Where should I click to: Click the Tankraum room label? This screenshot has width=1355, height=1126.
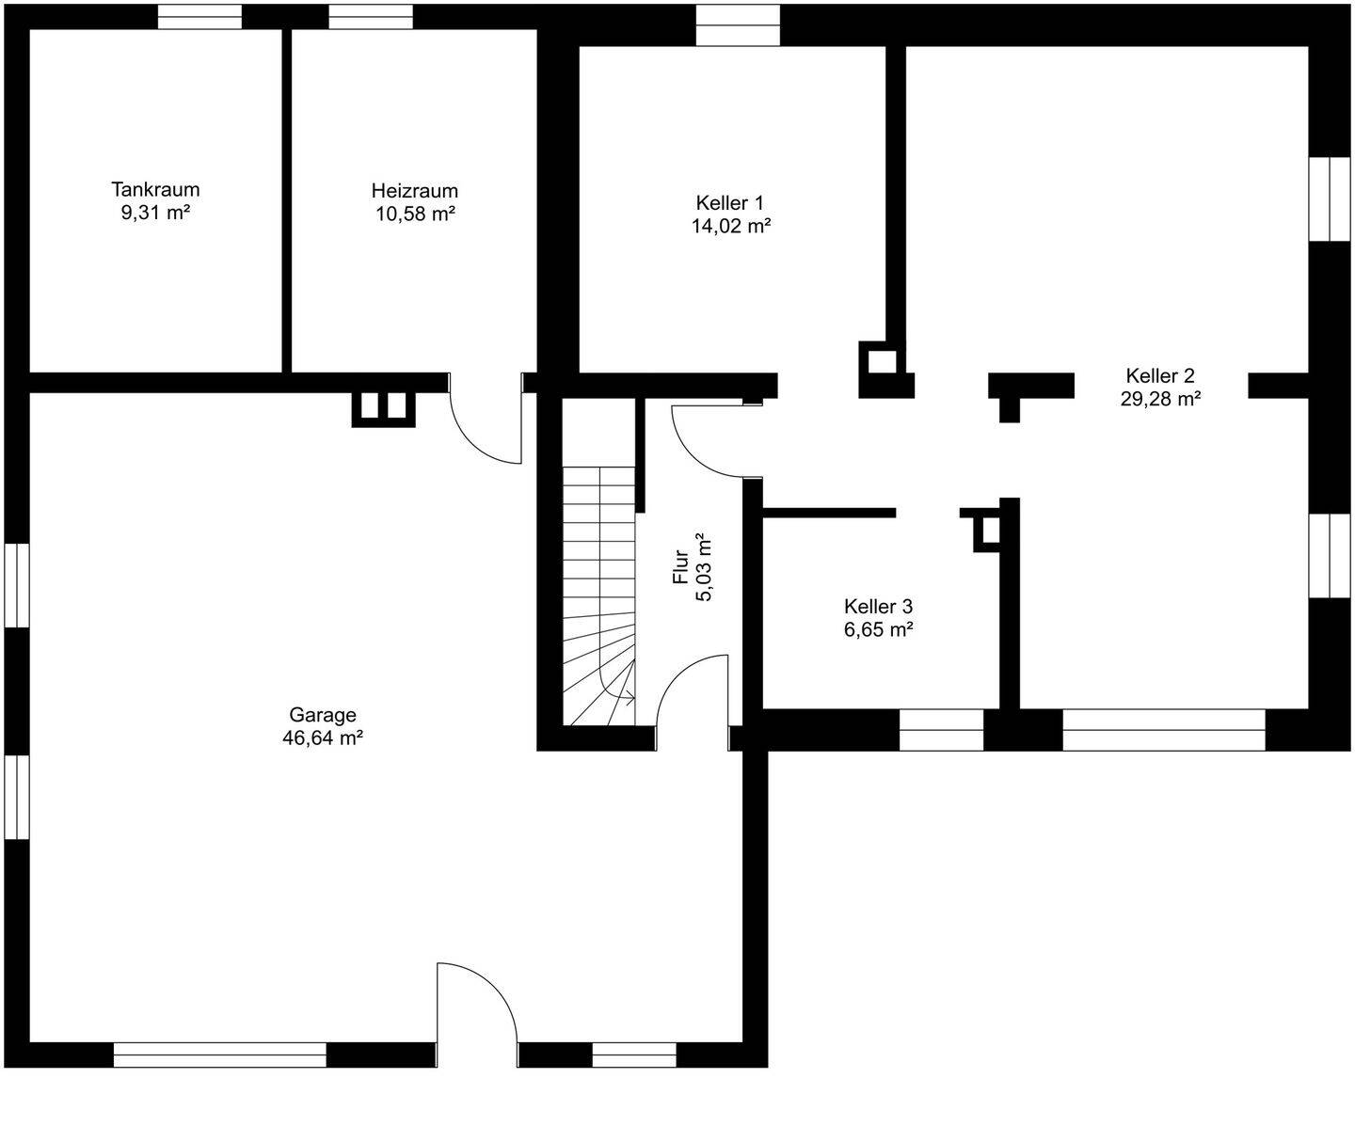pos(155,189)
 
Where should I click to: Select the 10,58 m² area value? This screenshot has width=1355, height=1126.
pos(415,214)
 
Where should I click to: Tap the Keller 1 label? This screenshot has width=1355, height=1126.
pos(730,203)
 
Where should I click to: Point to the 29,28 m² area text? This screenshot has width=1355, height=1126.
pos(1159,398)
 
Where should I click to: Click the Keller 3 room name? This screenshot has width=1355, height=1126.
pos(878,607)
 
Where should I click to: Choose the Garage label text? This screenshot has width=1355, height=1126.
pos(323,715)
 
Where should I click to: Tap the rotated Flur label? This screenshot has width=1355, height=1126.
pos(680,567)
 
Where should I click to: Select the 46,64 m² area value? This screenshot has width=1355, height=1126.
pos(323,738)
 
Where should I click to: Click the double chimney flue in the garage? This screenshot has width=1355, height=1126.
pos(384,408)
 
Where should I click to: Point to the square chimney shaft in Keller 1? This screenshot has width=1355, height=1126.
pos(882,363)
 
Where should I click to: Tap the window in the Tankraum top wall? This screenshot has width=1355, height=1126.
pos(199,17)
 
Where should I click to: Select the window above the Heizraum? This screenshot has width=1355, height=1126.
pos(371,17)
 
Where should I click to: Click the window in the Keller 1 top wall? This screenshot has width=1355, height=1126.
pos(738,25)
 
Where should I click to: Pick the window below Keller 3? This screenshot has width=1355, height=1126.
pos(942,730)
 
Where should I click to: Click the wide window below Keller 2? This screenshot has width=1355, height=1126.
pos(1164,730)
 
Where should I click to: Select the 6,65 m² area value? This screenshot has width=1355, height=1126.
pos(879,630)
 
